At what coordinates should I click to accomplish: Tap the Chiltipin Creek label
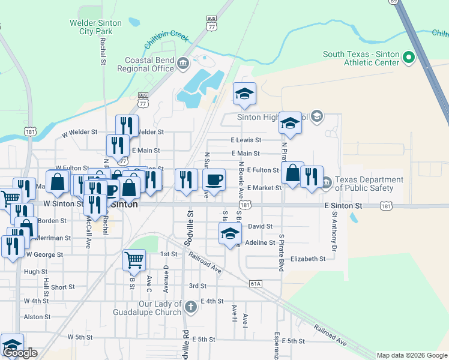[x=167, y=40]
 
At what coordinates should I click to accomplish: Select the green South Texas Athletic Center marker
[x=409, y=58]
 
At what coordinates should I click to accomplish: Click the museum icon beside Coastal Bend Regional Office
[x=184, y=64]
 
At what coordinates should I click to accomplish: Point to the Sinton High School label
[x=271, y=117]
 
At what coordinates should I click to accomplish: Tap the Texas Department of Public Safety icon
[x=326, y=182]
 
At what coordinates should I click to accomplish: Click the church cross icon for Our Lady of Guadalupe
[x=190, y=308]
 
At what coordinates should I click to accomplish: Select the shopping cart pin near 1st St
[x=134, y=260]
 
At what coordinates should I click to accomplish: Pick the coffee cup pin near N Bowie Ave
[x=214, y=179]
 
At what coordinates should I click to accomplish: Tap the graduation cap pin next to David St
[x=229, y=234]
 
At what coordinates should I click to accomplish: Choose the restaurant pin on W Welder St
[x=127, y=125]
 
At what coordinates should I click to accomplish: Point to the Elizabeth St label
[x=307, y=259]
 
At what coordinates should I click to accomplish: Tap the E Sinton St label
[x=343, y=206]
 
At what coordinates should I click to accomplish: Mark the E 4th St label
[x=212, y=301]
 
